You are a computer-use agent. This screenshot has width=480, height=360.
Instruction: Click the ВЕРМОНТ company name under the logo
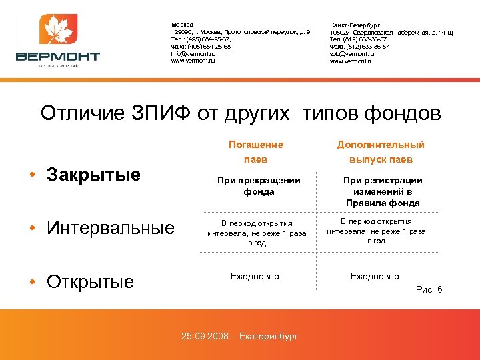coord(58,57)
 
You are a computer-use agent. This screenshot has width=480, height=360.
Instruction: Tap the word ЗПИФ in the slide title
coord(164,113)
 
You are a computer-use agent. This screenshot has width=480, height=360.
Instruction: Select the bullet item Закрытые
coord(93,175)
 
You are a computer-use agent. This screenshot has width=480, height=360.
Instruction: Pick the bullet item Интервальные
coord(111,229)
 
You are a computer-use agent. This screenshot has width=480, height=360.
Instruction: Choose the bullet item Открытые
coord(90,281)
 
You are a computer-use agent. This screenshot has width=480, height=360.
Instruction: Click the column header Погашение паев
coord(255,151)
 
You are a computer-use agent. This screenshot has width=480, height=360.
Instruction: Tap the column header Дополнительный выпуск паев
coord(381,151)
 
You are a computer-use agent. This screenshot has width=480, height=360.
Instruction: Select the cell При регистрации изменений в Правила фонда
coord(383,191)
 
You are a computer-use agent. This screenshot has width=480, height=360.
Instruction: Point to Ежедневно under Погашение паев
coord(255,275)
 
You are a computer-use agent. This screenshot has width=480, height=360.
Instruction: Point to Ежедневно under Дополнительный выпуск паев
coord(375,276)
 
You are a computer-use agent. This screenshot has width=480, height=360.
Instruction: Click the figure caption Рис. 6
coord(429,289)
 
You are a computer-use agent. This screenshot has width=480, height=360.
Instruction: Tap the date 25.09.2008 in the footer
coord(204,335)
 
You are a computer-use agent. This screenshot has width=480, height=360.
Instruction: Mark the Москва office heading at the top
coord(182,25)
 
